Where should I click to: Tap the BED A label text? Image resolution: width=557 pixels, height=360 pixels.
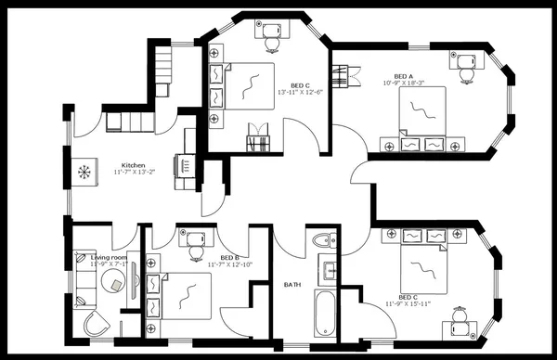[x=404, y=77]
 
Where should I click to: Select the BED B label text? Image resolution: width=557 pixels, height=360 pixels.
[x=230, y=257]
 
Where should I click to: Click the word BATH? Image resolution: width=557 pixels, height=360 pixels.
[x=292, y=285]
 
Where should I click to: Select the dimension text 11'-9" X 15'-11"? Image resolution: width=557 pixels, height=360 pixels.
[x=415, y=302]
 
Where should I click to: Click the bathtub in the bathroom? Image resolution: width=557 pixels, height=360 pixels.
[x=324, y=313]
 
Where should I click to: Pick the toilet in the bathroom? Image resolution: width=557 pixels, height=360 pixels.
[x=322, y=242]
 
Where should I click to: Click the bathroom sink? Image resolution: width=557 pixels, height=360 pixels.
[x=329, y=272]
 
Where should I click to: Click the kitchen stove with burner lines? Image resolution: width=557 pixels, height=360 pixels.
[x=187, y=166]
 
